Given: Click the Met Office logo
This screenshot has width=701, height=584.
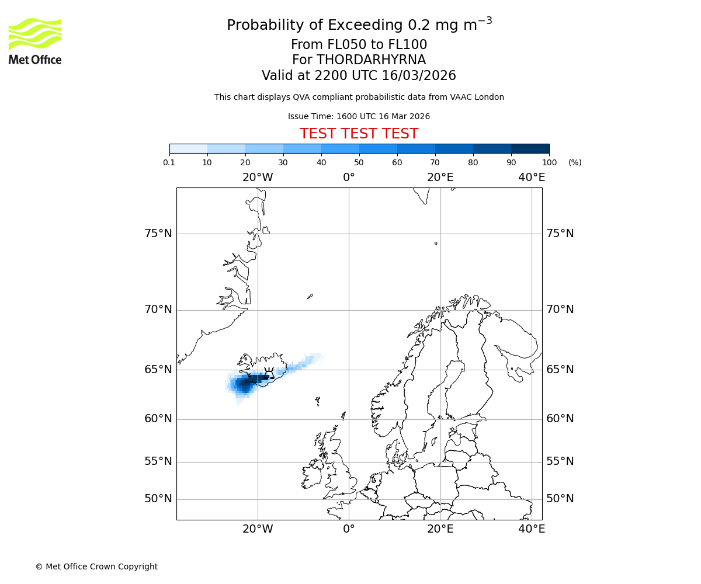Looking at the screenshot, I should coord(35,41).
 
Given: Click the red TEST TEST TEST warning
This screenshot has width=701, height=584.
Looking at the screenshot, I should coord(359,134).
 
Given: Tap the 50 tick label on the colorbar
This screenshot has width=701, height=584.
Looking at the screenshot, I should coord(359,162).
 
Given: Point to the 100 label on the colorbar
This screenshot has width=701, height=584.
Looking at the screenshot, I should coord(549,162).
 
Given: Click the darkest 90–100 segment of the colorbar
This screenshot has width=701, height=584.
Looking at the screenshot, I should coord(530,148).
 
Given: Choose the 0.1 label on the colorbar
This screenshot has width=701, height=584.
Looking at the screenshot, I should coord(169,162).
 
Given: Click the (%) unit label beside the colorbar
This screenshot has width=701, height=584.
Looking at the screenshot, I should coord(575,162).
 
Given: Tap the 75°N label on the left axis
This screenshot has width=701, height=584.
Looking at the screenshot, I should coord(158,234).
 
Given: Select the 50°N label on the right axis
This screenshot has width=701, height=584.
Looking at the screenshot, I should coord(560,499).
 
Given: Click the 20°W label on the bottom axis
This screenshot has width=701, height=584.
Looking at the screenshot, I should coord(258,529).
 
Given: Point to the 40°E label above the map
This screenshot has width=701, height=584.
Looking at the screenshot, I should coord(532,178).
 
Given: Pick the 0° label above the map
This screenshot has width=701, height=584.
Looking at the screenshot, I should coord(349,178).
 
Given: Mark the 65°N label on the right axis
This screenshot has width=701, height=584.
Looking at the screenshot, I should coord(560,369).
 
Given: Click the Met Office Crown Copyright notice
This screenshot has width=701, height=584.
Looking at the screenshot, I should coord(96,566).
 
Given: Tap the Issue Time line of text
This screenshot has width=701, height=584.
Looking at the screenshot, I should coord(359,117).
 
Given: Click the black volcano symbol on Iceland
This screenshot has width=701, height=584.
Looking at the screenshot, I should coord(269,372).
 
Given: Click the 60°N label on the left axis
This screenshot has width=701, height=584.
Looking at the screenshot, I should coord(158,419).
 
